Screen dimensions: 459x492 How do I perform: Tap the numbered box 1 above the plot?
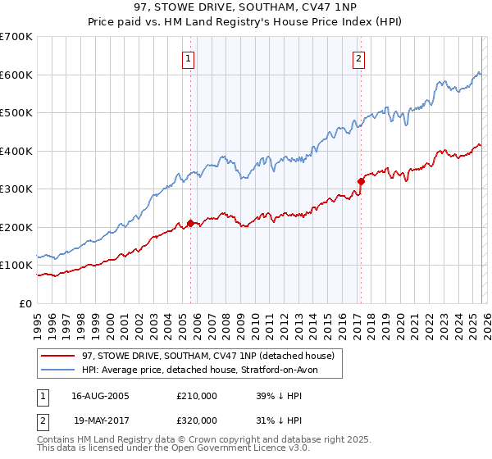pyautogui.click(x=189, y=58)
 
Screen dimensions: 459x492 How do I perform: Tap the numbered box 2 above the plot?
pyautogui.click(x=359, y=58)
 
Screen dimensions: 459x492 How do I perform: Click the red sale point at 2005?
pyautogui.click(x=190, y=223)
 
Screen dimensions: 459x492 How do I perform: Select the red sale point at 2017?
pyautogui.click(x=360, y=181)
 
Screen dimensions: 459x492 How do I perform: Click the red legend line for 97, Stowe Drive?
pyautogui.click(x=58, y=357)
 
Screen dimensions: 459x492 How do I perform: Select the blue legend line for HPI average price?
pyautogui.click(x=58, y=370)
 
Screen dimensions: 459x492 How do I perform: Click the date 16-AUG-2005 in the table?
pyautogui.click(x=101, y=396)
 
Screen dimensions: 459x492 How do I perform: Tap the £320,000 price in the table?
pyautogui.click(x=197, y=420)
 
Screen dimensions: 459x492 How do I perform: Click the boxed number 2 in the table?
pyautogui.click(x=42, y=420)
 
